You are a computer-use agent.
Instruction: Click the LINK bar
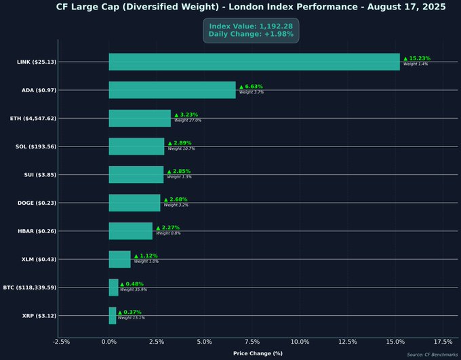pyautogui.click(x=254, y=62)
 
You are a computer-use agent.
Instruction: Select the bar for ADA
pyautogui.click(x=172, y=90)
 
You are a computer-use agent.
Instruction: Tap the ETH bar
pyautogui.click(x=140, y=118)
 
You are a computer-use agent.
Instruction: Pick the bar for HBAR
pyautogui.click(x=131, y=231)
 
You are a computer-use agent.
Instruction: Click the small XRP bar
pyautogui.click(x=113, y=315)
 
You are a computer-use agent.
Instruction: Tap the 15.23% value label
pyautogui.click(x=417, y=58)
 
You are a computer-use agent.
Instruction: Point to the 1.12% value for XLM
pyautogui.click(x=146, y=256)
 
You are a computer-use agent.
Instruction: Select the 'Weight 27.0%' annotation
pyautogui.click(x=188, y=120)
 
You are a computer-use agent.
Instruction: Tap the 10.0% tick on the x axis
pyautogui.click(x=300, y=342)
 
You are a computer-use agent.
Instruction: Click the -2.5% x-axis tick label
pyautogui.click(x=61, y=342)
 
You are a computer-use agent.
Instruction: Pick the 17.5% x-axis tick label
pyautogui.click(x=442, y=342)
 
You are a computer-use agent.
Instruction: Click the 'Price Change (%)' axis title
pyautogui.click(x=258, y=353)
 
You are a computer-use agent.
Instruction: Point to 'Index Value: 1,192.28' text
pyautogui.click(x=251, y=26)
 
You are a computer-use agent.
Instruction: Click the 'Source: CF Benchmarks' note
pyautogui.click(x=432, y=355)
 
